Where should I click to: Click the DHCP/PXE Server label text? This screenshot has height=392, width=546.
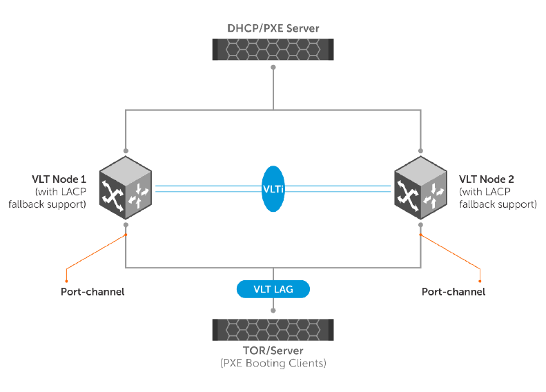pos(273,28)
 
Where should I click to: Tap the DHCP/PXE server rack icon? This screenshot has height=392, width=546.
pos(273,50)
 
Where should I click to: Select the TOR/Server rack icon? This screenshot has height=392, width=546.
pos(273,330)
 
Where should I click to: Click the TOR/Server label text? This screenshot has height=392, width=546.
pos(273,350)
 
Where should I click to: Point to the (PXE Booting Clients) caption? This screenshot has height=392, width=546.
pos(273,363)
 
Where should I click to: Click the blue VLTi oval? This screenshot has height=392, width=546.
pos(273,188)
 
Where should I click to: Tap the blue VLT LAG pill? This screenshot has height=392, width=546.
pos(273,289)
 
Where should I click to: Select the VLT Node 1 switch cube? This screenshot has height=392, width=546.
pos(126,188)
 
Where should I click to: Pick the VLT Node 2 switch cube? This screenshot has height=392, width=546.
pos(420,188)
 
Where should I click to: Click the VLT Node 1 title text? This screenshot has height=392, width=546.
pos(59,179)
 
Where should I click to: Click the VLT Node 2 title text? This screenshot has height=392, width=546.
pos(487,179)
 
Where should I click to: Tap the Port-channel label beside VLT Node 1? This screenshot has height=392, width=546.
pos(92,292)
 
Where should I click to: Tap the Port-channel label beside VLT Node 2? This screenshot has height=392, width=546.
pos(454,292)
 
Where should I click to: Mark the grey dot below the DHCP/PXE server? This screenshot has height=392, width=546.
pos(273,67)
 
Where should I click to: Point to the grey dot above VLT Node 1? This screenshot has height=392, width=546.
pos(126,150)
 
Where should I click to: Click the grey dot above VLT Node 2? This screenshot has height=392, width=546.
pos(420,150)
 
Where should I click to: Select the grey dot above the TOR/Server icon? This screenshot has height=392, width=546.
pos(273,311)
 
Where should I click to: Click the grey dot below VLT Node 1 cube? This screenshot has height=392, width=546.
pos(126,225)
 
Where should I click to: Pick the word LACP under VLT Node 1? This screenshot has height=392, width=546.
pos(73,192)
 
